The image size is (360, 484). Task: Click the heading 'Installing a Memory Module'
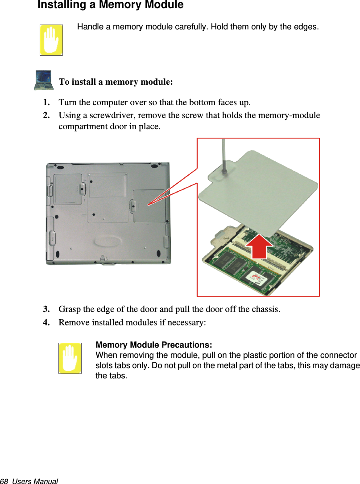pyautogui.click(x=110, y=4)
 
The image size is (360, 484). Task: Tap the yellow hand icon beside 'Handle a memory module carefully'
pyautogui.click(x=51, y=40)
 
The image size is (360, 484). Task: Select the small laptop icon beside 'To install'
pyautogui.click(x=44, y=80)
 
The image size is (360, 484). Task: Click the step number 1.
pyautogui.click(x=46, y=102)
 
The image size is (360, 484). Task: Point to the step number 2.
pyautogui.click(x=46, y=115)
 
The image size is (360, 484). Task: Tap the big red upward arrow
pyautogui.click(x=259, y=246)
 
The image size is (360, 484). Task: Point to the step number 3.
pyautogui.click(x=46, y=309)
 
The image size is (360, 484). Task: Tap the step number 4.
pyautogui.click(x=46, y=322)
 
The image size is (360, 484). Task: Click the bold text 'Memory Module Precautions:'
pyautogui.click(x=154, y=345)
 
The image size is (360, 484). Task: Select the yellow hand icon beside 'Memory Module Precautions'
pyautogui.click(x=70, y=358)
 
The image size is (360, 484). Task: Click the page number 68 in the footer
pyautogui.click(x=4, y=481)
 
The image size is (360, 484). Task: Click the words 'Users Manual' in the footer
pyautogui.click(x=35, y=481)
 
